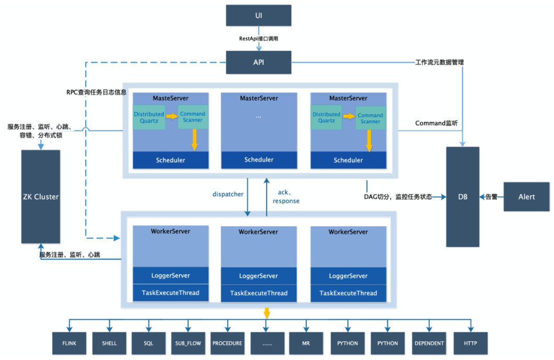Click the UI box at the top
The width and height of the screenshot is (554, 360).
tap(258, 15)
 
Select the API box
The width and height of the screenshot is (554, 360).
tap(258, 62)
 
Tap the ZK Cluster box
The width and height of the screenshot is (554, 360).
tap(40, 197)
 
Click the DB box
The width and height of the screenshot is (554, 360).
tap(463, 197)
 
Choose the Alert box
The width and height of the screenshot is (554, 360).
tap(526, 197)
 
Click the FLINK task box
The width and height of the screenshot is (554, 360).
tap(70, 343)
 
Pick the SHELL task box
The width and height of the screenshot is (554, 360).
tap(109, 343)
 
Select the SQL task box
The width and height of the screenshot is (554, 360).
tap(148, 343)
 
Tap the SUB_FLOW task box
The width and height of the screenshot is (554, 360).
tap(188, 343)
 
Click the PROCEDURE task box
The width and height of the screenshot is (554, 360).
tap(227, 343)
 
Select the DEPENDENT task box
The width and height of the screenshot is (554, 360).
tap(429, 343)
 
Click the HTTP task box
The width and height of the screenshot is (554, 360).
tap(470, 343)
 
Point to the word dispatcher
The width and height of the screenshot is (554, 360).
tap(227, 194)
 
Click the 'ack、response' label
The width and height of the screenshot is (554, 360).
tap(286, 196)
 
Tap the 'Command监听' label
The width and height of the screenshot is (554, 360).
tap(436, 123)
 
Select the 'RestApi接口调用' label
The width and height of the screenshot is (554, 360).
tap(259, 39)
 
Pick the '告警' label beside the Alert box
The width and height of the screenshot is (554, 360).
tap(491, 197)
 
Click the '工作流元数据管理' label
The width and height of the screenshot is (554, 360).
tap(439, 62)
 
